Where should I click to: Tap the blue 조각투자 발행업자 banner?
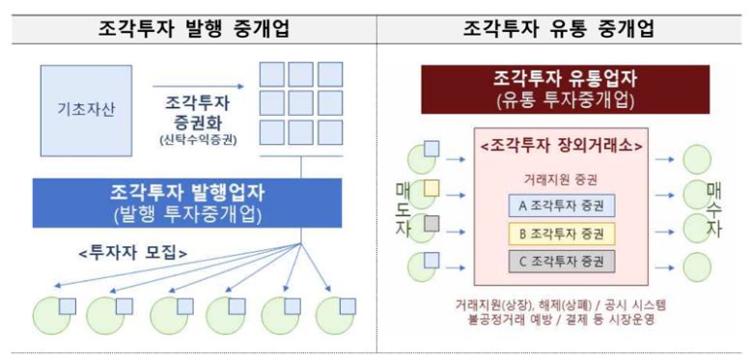coord(188,200)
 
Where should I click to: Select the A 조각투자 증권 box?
coord(561,206)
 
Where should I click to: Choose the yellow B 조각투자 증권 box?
coord(561,233)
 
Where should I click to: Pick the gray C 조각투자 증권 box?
coord(561,261)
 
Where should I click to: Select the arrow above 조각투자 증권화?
coord(198,86)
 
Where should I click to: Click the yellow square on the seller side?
coord(431,187)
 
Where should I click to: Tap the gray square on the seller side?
coord(431,222)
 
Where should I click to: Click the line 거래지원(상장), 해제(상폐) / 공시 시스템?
coord(561,304)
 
